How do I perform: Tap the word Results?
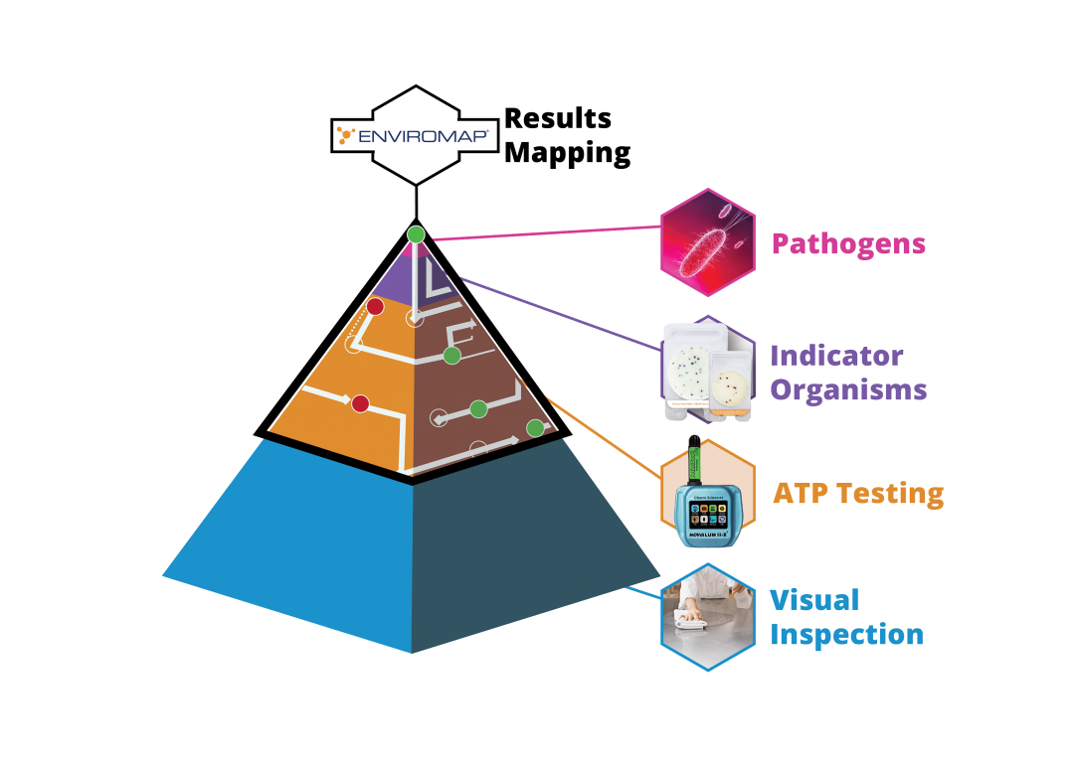click(x=558, y=118)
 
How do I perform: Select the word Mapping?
click(x=567, y=153)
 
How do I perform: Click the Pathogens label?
click(x=848, y=244)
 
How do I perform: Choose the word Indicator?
click(x=836, y=356)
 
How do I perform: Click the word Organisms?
click(x=848, y=388)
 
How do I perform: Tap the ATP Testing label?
click(x=857, y=493)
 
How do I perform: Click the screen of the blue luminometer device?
click(x=708, y=513)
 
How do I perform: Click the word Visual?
click(x=813, y=600)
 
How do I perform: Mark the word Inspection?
click(x=846, y=634)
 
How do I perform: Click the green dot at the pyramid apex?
click(x=416, y=234)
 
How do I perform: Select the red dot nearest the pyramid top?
click(x=375, y=307)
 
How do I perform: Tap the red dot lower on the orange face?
click(x=360, y=403)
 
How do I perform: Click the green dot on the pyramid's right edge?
click(x=535, y=428)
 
